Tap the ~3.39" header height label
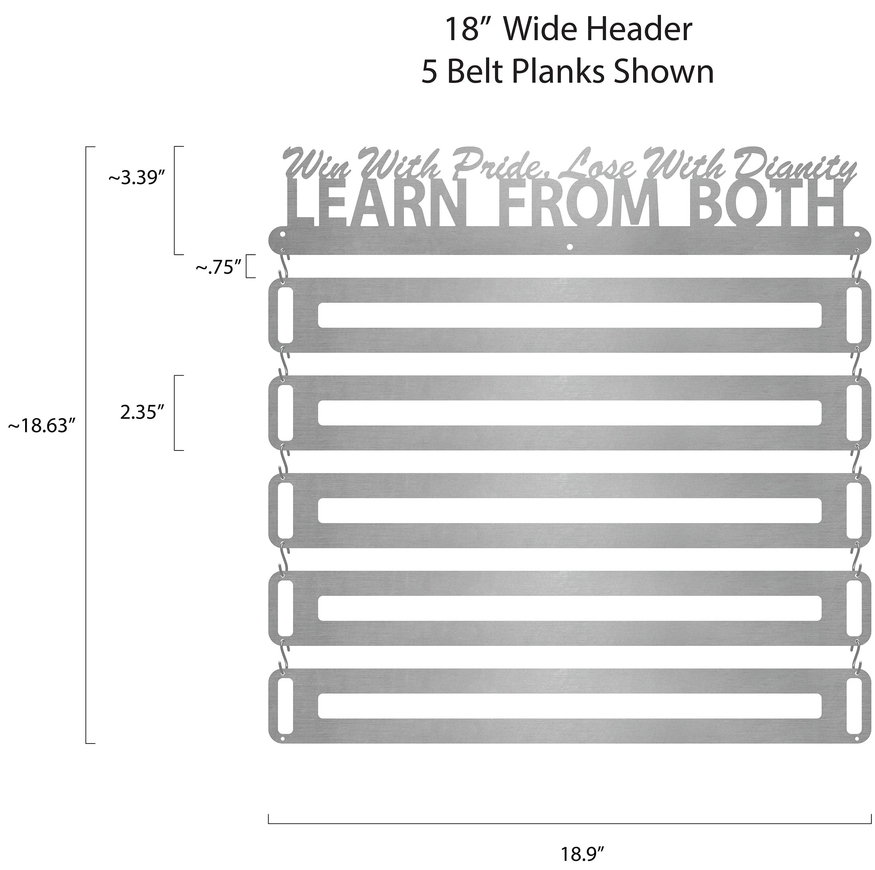(135, 178)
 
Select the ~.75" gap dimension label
(218, 268)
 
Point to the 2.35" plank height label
(142, 412)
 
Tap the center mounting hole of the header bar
(570, 247)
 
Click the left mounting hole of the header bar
(282, 236)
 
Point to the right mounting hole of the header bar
(857, 236)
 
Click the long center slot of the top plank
(569, 315)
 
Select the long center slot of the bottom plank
(569, 706)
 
